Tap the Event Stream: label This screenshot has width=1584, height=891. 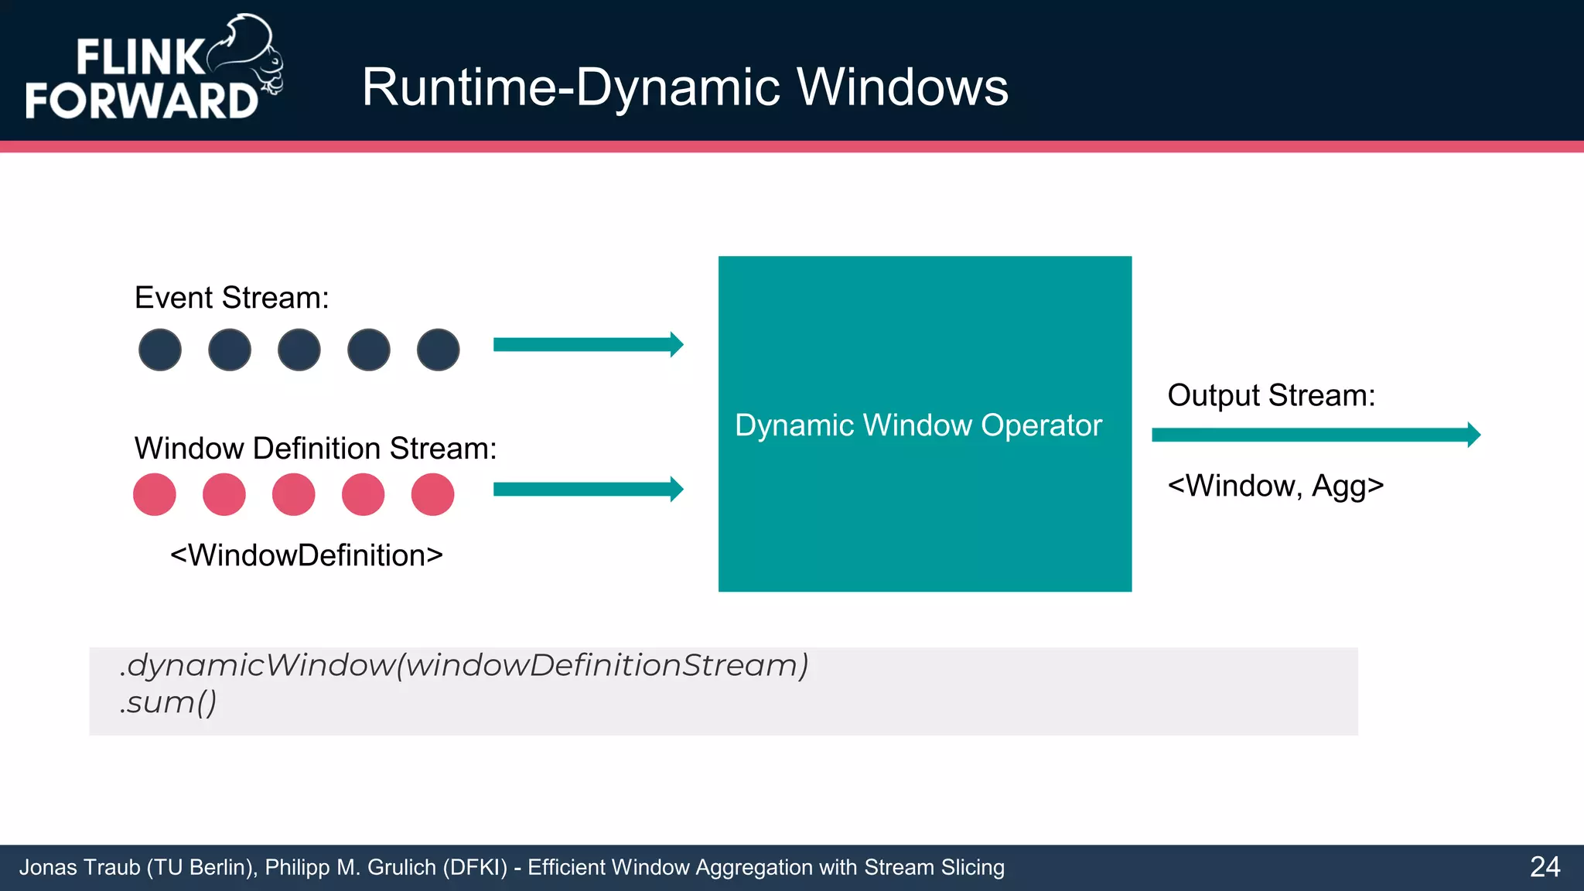tap(231, 298)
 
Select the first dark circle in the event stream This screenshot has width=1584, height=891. tap(160, 350)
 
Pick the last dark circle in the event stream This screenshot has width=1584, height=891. tap(438, 350)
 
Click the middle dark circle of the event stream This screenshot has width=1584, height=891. tap(299, 350)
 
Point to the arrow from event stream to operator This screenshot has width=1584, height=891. tap(588, 344)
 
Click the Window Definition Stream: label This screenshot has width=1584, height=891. tap(315, 449)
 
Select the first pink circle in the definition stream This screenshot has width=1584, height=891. tap(155, 494)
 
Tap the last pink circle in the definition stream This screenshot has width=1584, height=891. tap(432, 494)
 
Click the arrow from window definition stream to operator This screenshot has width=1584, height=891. tap(588, 489)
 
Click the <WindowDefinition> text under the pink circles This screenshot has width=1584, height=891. tap(306, 555)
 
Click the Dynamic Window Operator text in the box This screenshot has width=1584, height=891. tap(918, 425)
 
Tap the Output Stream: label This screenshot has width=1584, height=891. tap(1271, 395)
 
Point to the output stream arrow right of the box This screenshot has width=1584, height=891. tap(1315, 435)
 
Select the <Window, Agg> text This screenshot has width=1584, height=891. tap(1275, 486)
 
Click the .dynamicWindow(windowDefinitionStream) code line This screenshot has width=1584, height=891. tap(464, 665)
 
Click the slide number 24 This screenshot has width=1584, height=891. tap(1545, 867)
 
